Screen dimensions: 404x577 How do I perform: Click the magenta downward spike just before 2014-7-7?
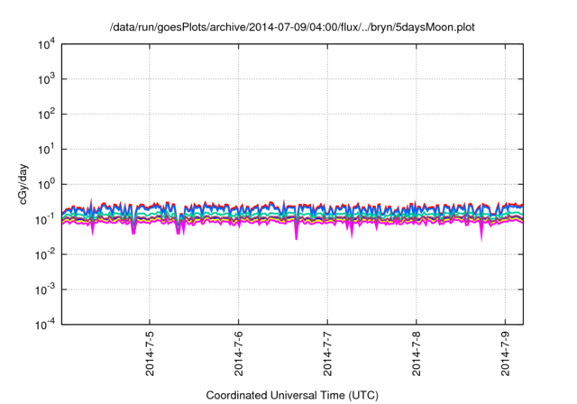(x=297, y=234)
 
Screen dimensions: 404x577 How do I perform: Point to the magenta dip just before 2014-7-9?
(x=481, y=234)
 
